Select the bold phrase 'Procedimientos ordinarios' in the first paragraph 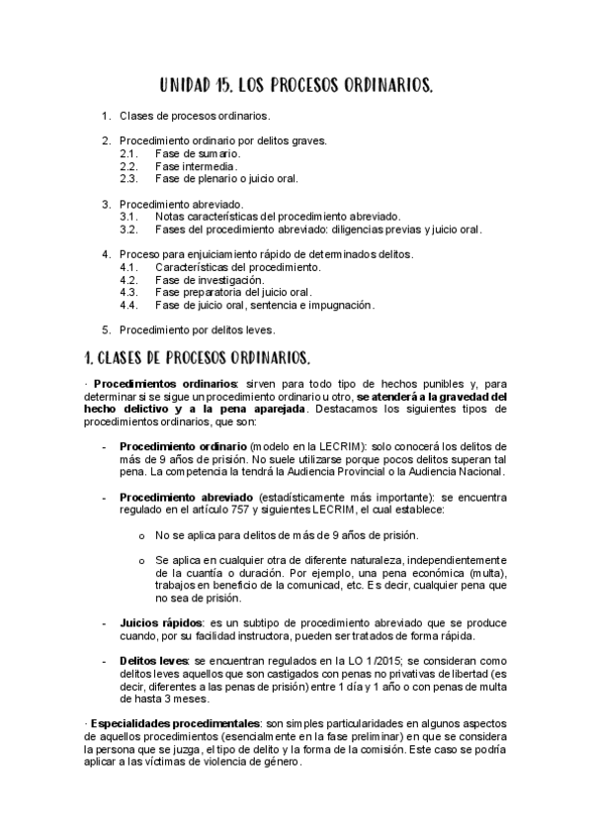click(165, 384)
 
